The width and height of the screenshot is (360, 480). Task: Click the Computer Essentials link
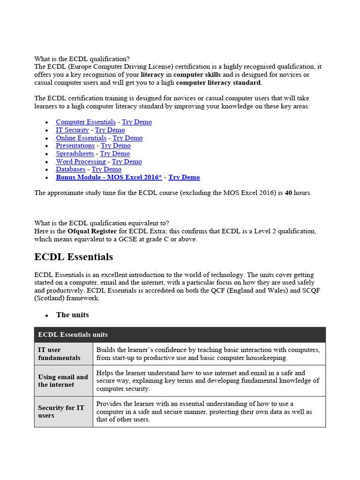click(86, 122)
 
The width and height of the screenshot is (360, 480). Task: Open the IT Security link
click(72, 130)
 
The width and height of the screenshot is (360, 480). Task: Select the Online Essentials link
click(81, 138)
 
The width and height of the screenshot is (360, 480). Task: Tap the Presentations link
click(75, 146)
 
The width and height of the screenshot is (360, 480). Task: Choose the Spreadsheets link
click(75, 154)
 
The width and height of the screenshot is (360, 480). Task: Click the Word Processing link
click(81, 162)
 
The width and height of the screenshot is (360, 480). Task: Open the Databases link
click(71, 169)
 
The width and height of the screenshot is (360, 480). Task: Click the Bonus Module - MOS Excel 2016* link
click(109, 177)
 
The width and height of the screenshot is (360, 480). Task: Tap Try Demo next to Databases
click(106, 169)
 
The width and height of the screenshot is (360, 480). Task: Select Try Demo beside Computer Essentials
click(137, 122)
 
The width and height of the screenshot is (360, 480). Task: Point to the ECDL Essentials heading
click(74, 257)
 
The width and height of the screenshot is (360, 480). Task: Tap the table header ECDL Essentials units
click(73, 335)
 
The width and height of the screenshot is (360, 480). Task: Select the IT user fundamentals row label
click(56, 354)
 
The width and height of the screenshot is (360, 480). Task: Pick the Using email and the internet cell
click(63, 381)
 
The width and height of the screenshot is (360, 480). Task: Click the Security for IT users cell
click(61, 412)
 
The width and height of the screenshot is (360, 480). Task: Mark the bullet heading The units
click(72, 315)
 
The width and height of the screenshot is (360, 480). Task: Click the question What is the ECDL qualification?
click(82, 59)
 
